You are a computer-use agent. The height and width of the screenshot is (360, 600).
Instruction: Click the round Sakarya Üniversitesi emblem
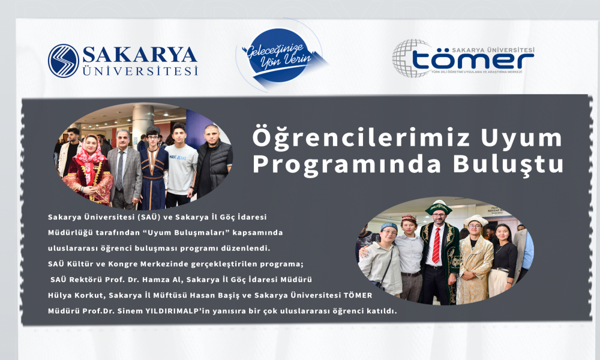(64, 61)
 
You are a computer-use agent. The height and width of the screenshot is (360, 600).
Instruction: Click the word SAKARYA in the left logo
(140, 55)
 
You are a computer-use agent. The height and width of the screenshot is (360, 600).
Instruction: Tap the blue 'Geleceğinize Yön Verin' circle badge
(278, 55)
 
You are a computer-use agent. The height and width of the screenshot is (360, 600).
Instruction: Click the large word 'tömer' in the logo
(473, 61)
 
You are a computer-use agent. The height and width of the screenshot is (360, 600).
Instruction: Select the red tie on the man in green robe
(436, 245)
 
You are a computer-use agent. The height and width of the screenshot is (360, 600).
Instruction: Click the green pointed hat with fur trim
(439, 207)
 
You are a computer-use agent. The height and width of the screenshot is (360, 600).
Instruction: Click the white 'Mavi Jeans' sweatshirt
(181, 169)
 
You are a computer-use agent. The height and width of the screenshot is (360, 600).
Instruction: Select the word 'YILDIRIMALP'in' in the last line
(177, 311)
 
